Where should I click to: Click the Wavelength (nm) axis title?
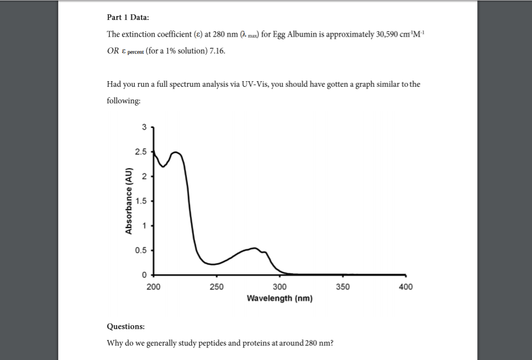(x=279, y=298)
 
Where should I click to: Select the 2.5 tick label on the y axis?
(x=141, y=152)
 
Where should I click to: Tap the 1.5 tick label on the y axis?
(x=141, y=201)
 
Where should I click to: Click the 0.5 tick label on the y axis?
(x=141, y=250)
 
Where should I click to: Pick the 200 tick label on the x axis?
(x=153, y=287)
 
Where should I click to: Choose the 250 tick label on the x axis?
(x=217, y=287)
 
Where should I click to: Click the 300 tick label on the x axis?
(x=279, y=287)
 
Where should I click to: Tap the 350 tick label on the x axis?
(x=343, y=287)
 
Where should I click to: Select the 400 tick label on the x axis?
(x=406, y=287)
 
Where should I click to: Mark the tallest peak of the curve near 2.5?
(x=176, y=153)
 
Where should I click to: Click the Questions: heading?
(x=126, y=327)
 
